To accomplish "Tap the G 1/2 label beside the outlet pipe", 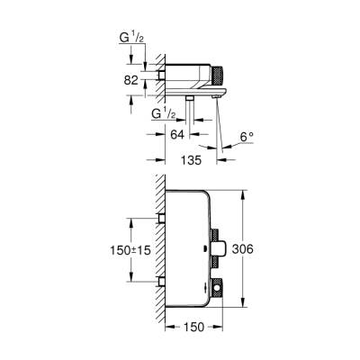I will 166,114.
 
